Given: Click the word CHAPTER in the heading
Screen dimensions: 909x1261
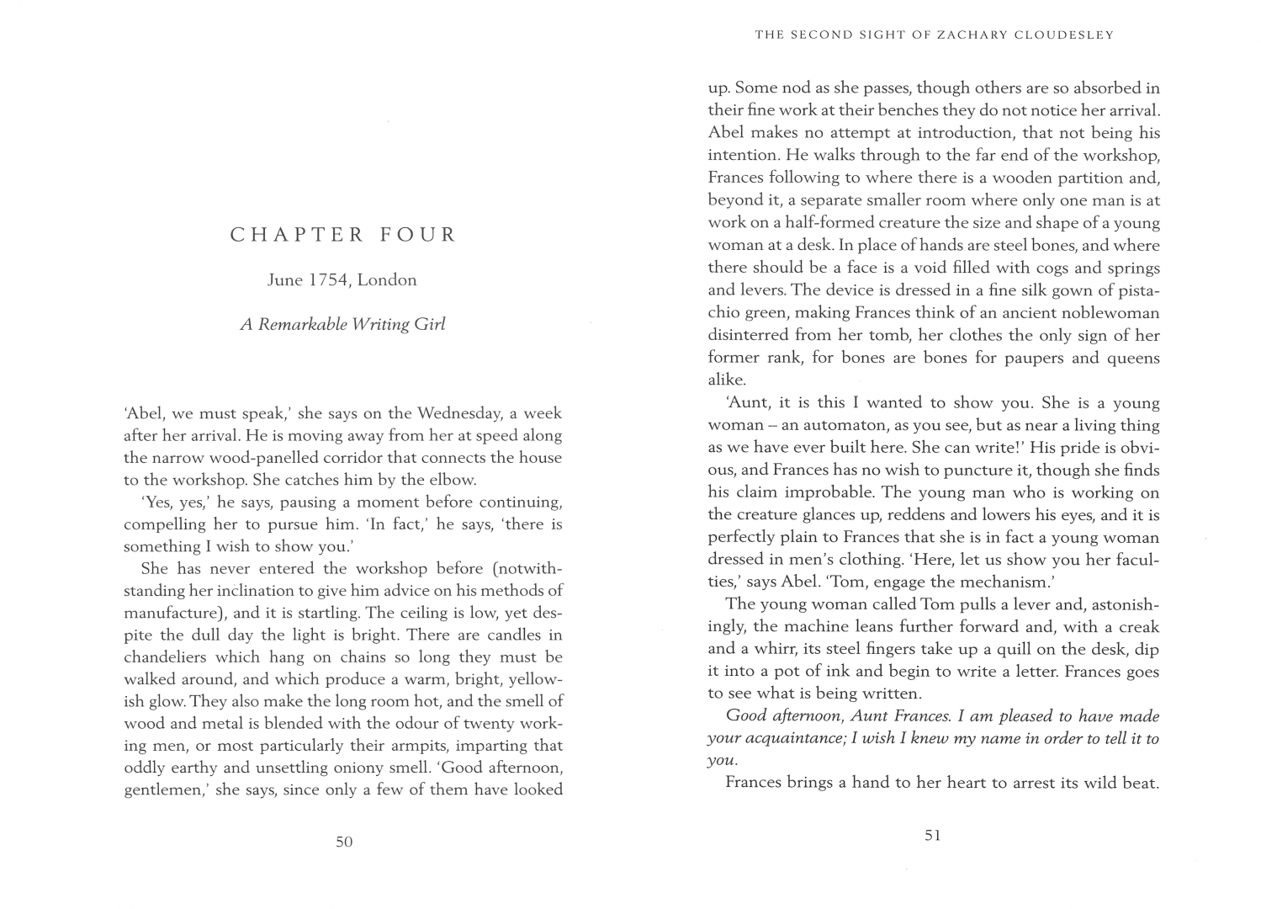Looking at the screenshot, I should (297, 235).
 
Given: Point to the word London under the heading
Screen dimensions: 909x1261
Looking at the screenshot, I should (387, 280).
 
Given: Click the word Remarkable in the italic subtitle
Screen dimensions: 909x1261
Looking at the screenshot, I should (302, 324).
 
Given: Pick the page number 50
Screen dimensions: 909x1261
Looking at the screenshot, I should (343, 841).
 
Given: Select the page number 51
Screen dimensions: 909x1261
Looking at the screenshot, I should (932, 836).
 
